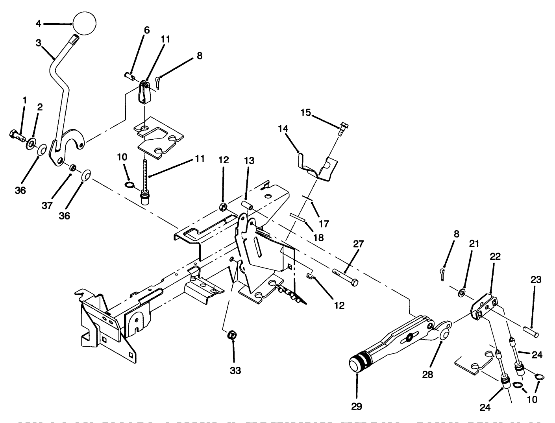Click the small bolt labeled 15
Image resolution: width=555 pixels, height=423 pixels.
tap(343, 128)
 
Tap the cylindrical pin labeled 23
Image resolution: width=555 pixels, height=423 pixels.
tap(531, 331)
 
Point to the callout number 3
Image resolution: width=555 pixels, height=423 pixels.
tap(39, 42)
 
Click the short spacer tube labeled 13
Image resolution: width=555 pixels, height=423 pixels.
tap(247, 205)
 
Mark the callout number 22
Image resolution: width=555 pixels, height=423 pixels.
tap(495, 256)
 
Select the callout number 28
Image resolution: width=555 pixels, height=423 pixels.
tap(427, 375)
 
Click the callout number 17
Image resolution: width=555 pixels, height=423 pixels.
tap(324, 224)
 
